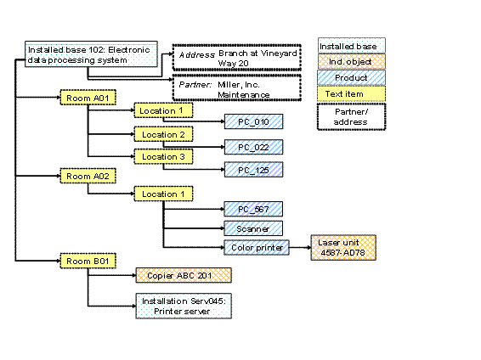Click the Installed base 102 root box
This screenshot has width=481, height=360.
pyautogui.click(x=89, y=55)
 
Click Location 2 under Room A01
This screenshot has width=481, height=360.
pyautogui.click(x=162, y=134)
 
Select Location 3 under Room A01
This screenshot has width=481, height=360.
pyautogui.click(x=162, y=155)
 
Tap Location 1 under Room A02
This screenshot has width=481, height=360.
pyautogui.click(x=162, y=194)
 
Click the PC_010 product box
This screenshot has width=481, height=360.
pyautogui.click(x=253, y=122)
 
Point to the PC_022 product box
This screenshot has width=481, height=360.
pyautogui.click(x=253, y=146)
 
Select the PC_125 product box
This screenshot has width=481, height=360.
pyautogui.click(x=253, y=169)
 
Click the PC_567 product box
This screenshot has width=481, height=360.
pyautogui.click(x=253, y=209)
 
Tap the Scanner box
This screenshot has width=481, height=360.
pyautogui.click(x=253, y=228)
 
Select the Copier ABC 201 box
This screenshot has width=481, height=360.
pyautogui.click(x=184, y=275)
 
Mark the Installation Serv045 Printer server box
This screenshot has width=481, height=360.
pyautogui.click(x=184, y=306)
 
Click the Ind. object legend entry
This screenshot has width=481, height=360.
pyautogui.click(x=351, y=61)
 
